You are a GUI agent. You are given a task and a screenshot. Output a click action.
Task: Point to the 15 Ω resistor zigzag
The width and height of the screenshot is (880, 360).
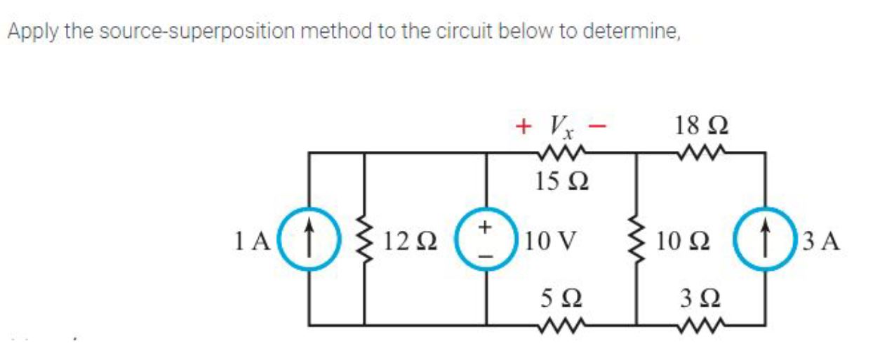[x=559, y=152]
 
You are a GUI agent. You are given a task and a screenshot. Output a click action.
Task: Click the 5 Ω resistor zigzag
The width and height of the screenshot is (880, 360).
[x=559, y=326]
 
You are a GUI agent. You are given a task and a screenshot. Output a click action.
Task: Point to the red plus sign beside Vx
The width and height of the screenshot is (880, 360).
[x=521, y=126]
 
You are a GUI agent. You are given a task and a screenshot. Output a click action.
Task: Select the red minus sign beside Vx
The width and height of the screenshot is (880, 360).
[x=596, y=126]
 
